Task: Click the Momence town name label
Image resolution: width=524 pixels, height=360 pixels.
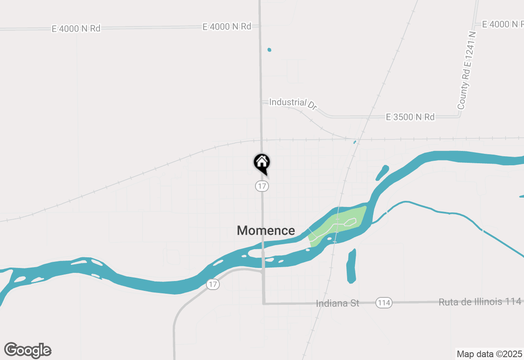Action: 266,230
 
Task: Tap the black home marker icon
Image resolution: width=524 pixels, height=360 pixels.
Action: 262,163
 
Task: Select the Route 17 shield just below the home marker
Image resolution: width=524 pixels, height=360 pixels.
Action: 262,186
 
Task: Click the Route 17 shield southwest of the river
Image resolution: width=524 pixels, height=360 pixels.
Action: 212,284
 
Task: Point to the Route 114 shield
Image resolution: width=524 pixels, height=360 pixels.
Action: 384,303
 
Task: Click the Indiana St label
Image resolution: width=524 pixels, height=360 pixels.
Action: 337,303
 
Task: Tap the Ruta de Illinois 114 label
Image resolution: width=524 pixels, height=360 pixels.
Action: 480,302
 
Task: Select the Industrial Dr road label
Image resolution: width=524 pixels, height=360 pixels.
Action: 293,103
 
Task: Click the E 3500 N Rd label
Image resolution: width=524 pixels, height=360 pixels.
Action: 410,117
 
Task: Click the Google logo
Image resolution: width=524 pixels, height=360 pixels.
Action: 28,350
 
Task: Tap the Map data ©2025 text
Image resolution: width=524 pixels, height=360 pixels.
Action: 489,354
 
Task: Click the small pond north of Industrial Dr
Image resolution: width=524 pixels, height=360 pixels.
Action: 269,50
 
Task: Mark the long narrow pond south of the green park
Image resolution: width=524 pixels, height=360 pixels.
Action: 351,266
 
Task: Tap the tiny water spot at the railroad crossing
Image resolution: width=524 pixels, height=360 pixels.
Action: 355,142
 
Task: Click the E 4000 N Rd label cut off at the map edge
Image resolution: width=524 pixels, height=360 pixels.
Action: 502,25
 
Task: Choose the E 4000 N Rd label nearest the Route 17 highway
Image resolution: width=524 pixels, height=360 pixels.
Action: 226,27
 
